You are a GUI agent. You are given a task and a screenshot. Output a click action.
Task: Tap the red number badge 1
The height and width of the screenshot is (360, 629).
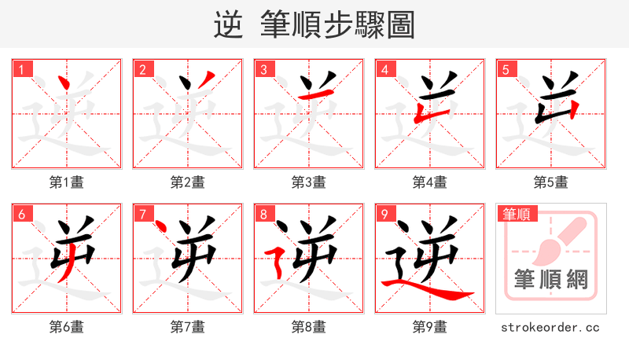point(21,70)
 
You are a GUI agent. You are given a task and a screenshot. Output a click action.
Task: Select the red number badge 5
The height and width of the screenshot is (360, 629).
point(506,70)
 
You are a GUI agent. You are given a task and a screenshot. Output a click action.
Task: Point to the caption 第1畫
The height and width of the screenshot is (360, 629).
point(66,182)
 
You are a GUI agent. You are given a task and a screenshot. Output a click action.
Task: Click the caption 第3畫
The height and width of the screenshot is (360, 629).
point(308,182)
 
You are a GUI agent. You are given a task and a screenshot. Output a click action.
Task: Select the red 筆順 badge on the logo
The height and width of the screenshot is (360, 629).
point(516,214)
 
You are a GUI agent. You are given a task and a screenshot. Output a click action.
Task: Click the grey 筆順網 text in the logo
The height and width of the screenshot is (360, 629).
point(550,280)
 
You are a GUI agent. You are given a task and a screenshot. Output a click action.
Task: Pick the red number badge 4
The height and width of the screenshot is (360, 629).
point(384,70)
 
